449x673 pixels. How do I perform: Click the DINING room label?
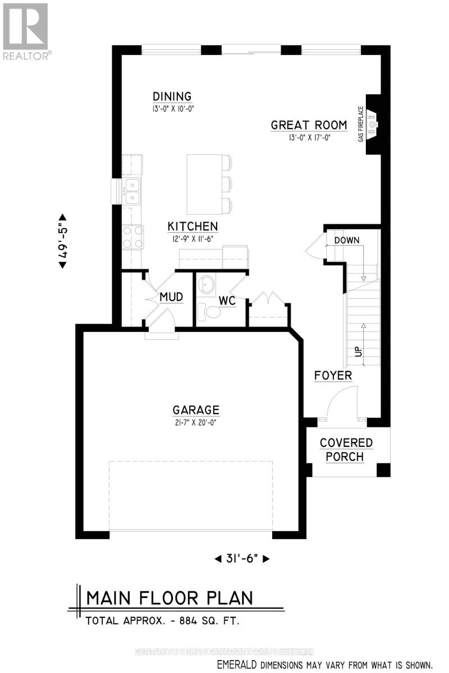pos(172,96)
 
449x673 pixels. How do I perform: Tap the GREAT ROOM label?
pos(309,125)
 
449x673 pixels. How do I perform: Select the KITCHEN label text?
pos(193,227)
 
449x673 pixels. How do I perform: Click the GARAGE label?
pos(196,410)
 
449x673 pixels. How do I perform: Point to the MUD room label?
pos(171,297)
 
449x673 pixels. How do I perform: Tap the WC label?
pos(227,301)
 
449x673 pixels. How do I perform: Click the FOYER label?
pos(333,375)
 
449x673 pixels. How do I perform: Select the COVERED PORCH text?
pos(346,449)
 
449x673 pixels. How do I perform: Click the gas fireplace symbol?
pos(372,124)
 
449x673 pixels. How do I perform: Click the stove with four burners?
pos(133,237)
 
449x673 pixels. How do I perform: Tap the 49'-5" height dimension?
pos(63,241)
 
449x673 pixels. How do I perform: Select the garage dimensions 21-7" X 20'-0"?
pos(196,423)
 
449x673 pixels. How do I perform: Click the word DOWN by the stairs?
pos(346,240)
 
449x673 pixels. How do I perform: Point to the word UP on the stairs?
pos(357,352)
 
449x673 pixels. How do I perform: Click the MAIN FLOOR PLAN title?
pos(169,598)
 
